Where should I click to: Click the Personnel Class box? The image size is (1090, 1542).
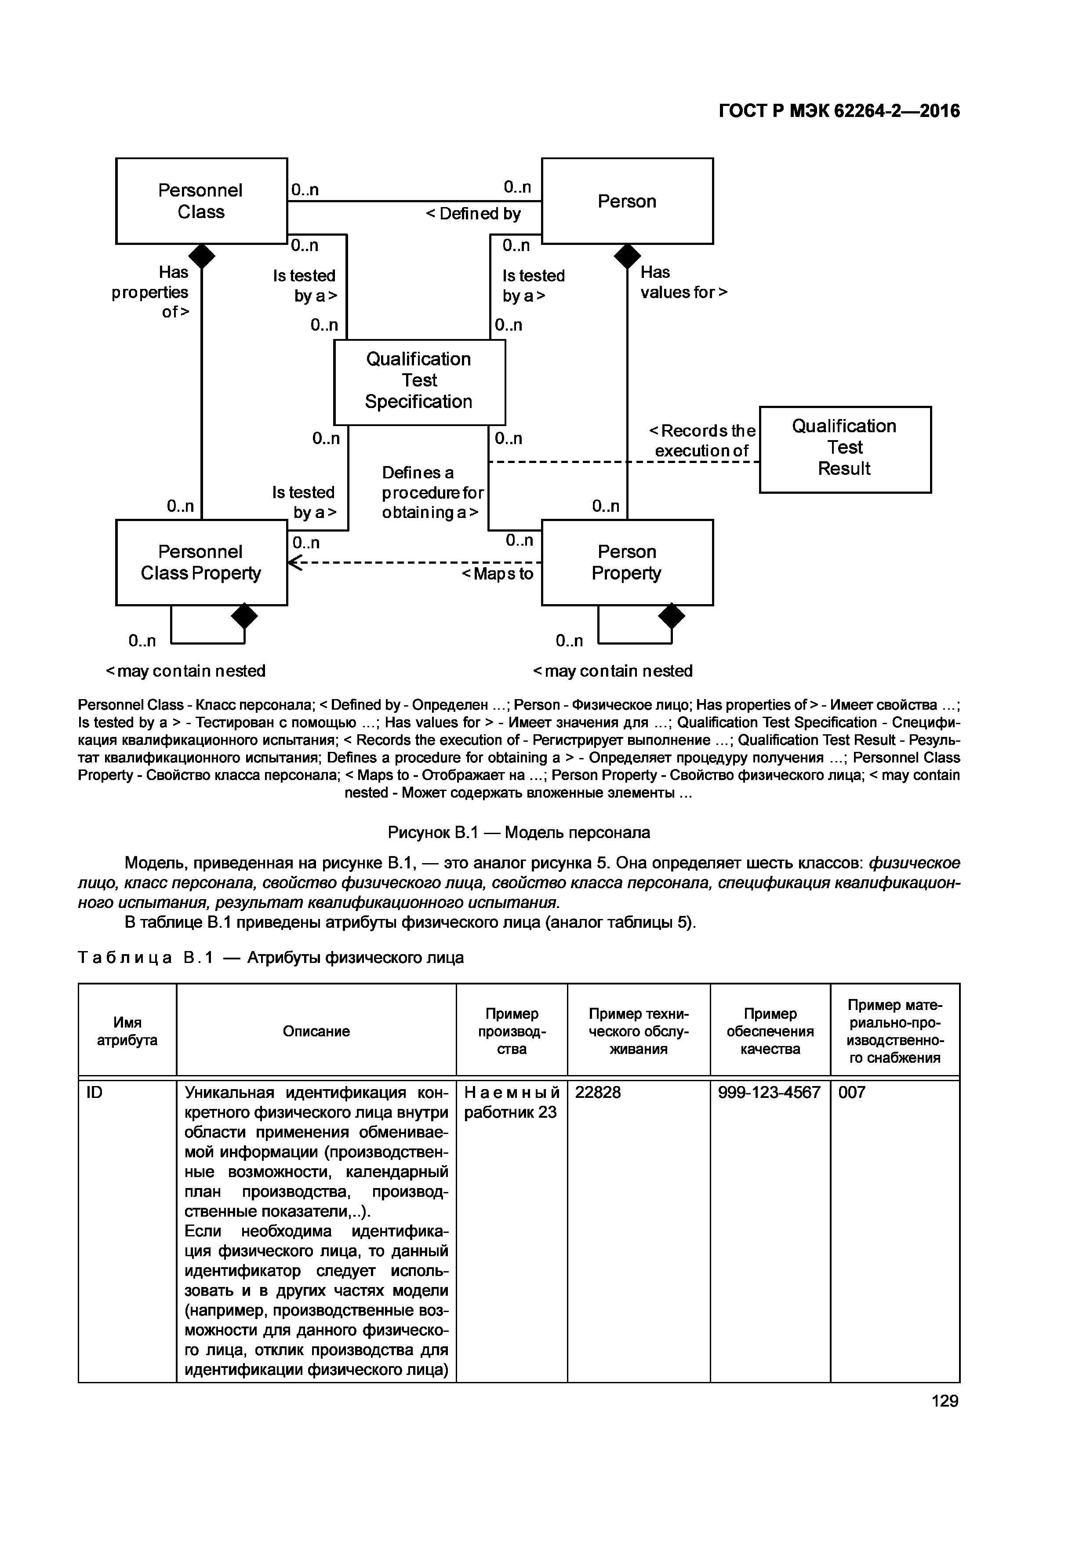pos(201,201)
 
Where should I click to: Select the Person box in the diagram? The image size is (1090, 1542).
pos(627,201)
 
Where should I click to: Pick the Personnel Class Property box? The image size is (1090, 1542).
pos(201,562)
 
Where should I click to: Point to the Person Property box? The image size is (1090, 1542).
pos(627,562)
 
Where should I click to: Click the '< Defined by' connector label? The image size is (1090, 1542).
pos(473,214)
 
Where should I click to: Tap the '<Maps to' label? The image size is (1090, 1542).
pos(498,573)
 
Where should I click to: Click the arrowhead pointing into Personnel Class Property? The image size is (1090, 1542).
pos(293,563)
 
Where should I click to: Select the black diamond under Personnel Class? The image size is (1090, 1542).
pos(201,256)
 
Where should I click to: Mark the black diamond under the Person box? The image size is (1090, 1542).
pos(628,256)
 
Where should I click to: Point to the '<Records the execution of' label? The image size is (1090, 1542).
pos(702,441)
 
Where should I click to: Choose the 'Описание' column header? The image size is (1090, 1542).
pos(316,1031)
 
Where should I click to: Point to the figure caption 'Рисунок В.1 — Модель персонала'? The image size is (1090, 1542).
pos(519,833)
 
